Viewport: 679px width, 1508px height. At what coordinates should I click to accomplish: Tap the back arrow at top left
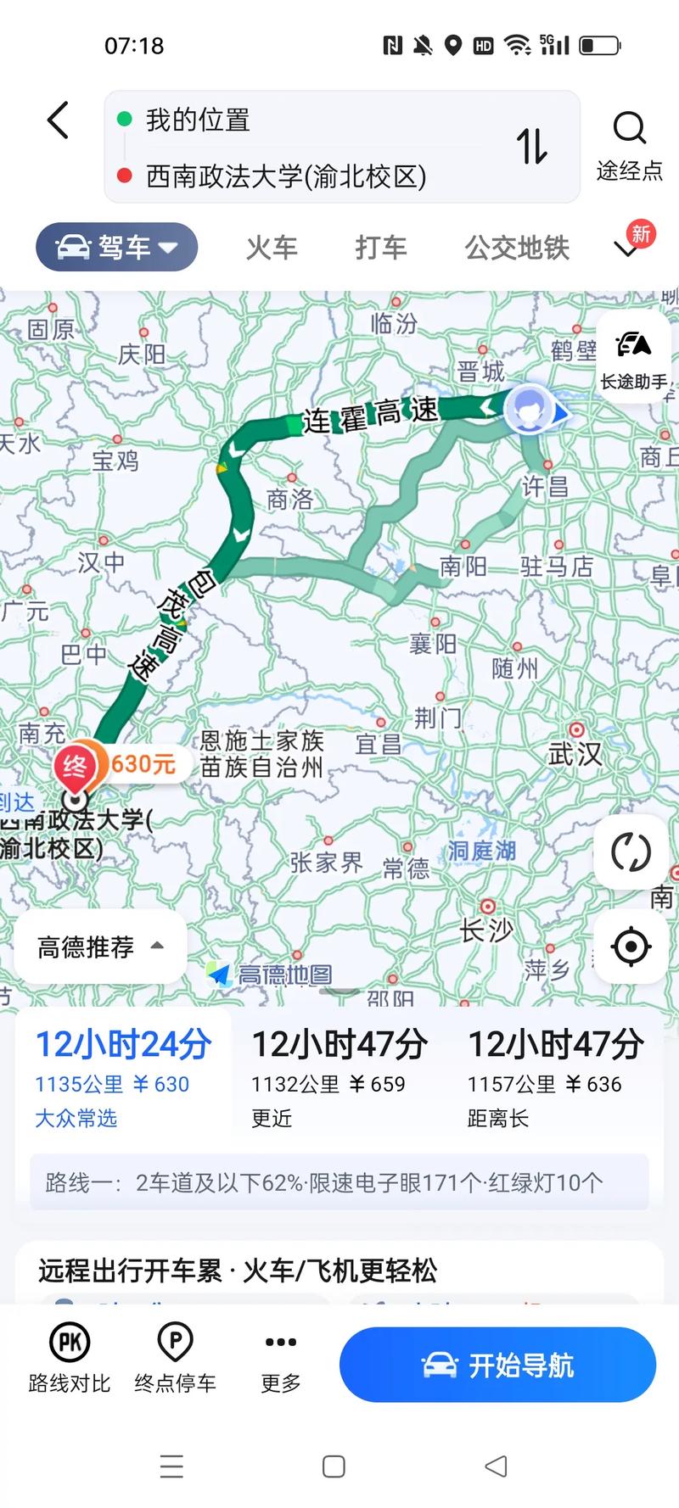tap(58, 120)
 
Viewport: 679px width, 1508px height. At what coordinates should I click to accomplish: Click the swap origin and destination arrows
tap(532, 146)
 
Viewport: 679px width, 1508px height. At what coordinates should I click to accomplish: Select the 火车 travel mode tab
tap(272, 248)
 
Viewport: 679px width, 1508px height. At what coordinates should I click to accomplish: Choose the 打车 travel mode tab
tap(381, 248)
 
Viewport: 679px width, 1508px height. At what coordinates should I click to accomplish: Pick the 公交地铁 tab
tap(516, 248)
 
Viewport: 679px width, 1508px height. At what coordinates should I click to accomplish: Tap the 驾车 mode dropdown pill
tap(117, 248)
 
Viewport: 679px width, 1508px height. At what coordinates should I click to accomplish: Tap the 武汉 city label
tap(575, 752)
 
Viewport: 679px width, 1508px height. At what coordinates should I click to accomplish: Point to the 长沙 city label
tap(486, 930)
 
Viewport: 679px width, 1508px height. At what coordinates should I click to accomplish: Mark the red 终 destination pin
tap(75, 768)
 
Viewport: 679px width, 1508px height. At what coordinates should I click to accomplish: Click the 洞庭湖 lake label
tap(481, 850)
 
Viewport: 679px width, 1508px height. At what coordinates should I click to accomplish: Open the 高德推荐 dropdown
tap(100, 947)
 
